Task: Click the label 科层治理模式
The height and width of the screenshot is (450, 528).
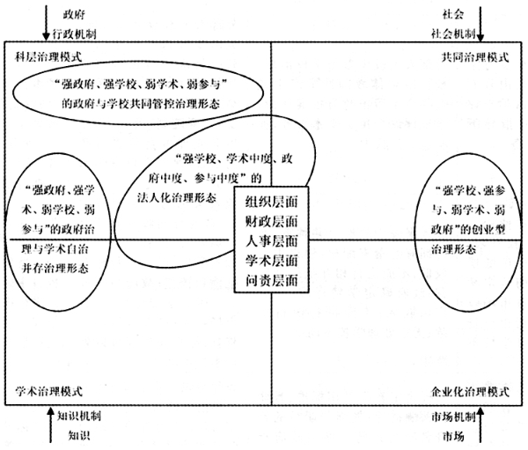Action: coord(48,56)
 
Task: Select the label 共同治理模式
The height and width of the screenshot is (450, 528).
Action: coord(475,57)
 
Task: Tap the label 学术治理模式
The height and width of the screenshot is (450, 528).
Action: coord(48,391)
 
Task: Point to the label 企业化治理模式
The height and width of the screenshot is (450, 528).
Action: coord(470,392)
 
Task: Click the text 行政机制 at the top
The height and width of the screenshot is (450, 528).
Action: coord(75,34)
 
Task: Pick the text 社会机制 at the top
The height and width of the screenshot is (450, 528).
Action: coord(453,33)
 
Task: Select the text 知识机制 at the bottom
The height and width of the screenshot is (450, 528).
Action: coord(79,417)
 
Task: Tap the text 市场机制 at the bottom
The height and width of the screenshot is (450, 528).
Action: coord(453,417)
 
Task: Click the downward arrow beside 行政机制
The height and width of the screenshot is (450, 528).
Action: coord(46,22)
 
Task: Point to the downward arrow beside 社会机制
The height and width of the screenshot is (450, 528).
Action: coord(480,23)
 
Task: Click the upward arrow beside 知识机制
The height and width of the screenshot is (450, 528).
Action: coord(51,424)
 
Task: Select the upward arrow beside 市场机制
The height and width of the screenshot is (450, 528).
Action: coord(480,424)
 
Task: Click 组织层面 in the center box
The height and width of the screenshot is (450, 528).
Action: coord(271,202)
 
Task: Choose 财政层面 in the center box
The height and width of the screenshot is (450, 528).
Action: coord(271,221)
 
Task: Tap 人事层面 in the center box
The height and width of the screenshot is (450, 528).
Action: coord(271,241)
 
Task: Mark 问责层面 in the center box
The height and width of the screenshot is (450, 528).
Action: coord(271,280)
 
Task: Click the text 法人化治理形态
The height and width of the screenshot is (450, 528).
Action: coord(177,197)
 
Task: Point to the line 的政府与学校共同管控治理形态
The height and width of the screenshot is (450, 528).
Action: coord(141,104)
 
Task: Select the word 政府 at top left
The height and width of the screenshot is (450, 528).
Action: coord(74,14)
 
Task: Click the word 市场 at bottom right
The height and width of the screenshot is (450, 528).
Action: coord(453,436)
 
